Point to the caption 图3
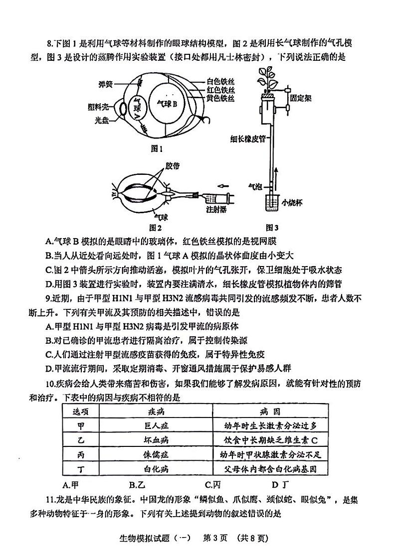272,228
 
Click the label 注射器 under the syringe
216,210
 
